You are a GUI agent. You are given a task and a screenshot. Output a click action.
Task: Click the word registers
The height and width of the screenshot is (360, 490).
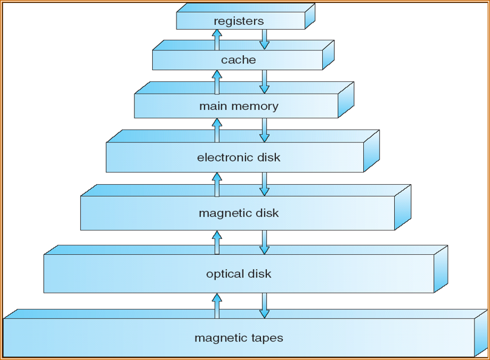coord(238,21)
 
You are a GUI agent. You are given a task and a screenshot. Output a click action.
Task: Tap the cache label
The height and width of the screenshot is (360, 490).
coord(238,60)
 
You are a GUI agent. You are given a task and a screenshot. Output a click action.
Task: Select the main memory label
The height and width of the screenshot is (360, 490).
coord(238,107)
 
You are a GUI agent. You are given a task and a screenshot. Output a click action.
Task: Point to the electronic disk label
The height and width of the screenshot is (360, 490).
coord(238,158)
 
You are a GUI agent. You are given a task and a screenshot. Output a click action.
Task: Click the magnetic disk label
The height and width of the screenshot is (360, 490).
coord(238,213)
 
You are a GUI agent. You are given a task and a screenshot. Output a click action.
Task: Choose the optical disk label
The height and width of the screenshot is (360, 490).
coord(238,274)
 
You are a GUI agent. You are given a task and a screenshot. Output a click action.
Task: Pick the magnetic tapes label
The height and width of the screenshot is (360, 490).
coord(238,339)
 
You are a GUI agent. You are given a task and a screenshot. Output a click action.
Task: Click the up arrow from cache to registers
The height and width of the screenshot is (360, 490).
coord(216,40)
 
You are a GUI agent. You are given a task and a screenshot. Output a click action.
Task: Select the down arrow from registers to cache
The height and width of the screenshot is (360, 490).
coord(265,40)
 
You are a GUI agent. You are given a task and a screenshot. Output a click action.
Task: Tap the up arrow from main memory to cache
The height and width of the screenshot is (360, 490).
coord(216,81)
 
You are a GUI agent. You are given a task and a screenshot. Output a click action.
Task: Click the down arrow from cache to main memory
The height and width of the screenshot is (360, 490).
coord(265,81)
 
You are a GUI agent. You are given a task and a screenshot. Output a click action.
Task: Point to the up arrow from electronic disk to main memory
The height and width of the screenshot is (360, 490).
coord(216,130)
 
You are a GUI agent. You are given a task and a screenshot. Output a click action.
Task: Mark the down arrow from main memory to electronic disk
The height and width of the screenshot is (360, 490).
coord(265,130)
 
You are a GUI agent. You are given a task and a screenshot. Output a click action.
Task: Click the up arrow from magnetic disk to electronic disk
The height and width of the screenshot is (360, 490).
coord(216,184)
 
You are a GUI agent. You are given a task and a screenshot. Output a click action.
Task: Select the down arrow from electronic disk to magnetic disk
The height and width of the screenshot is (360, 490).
coord(265,184)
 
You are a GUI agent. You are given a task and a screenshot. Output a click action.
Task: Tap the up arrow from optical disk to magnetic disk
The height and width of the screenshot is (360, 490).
coord(216,242)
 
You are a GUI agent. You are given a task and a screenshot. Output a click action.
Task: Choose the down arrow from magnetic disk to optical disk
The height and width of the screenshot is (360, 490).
coord(265,242)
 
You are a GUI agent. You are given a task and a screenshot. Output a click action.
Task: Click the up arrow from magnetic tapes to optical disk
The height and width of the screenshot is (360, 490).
coord(216,305)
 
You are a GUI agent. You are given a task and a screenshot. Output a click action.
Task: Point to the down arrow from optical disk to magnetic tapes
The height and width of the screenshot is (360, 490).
coord(265,305)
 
